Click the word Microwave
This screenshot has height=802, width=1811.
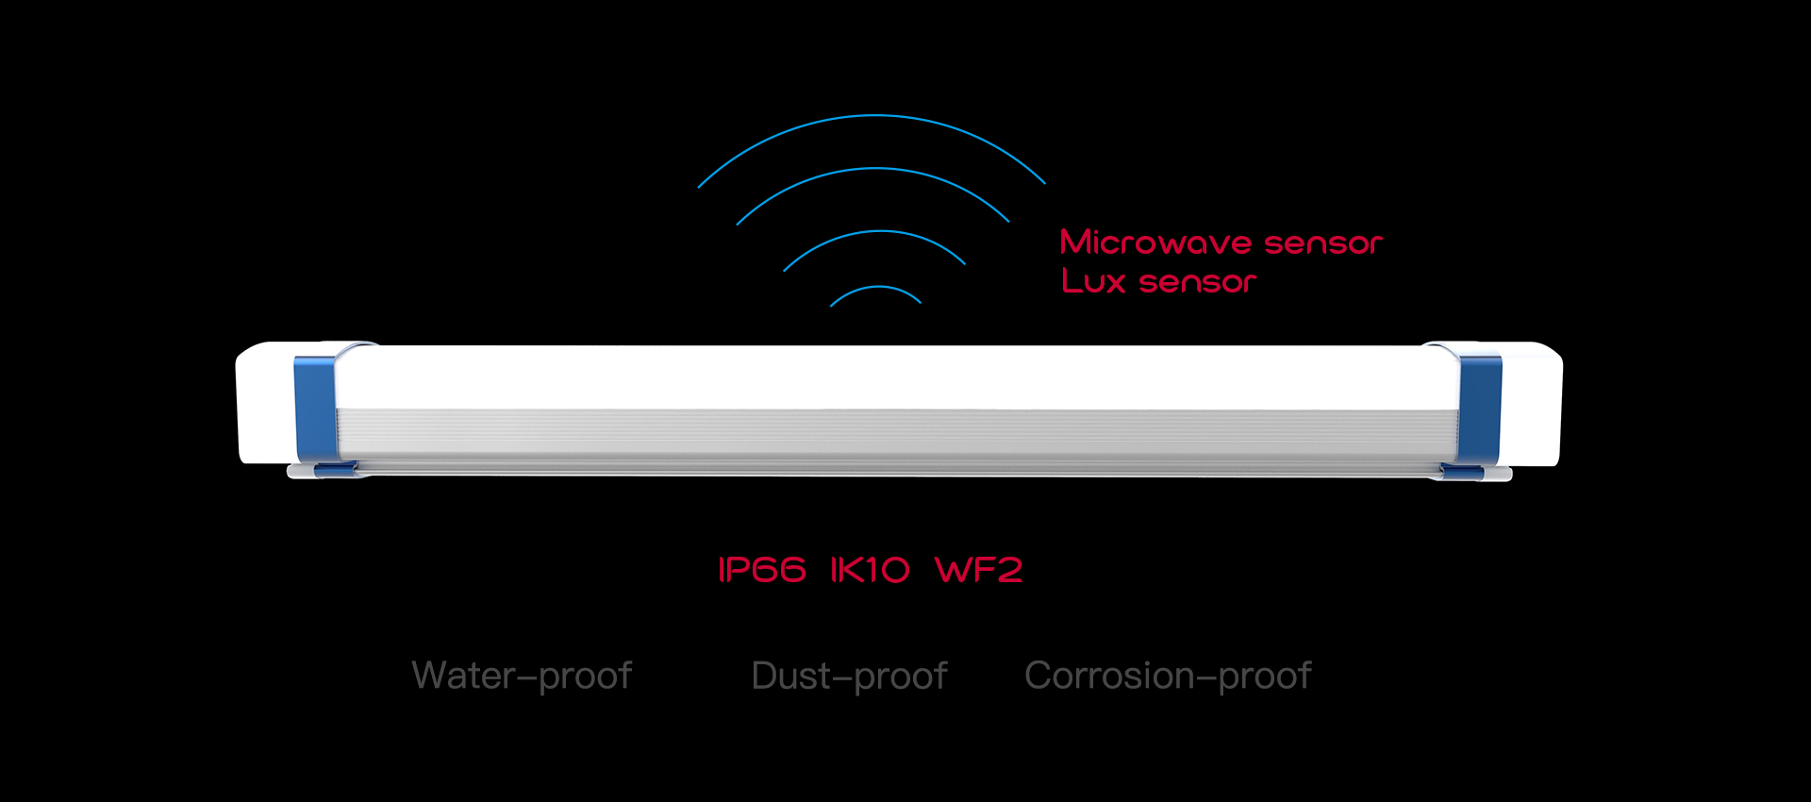pyautogui.click(x=1155, y=242)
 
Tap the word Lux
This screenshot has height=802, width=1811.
pyautogui.click(x=1093, y=281)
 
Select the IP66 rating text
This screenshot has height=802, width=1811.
pyautogui.click(x=762, y=570)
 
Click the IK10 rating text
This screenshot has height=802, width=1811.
pyautogui.click(x=870, y=570)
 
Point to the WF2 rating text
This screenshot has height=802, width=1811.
pyautogui.click(x=978, y=570)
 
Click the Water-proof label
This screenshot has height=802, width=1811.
pyautogui.click(x=522, y=676)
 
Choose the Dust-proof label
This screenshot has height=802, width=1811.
pyautogui.click(x=849, y=676)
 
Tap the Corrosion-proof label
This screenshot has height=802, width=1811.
pyautogui.click(x=1168, y=676)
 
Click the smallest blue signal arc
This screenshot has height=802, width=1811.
pyautogui.click(x=875, y=288)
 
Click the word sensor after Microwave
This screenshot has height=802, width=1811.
pyautogui.click(x=1322, y=243)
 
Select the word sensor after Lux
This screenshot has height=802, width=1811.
pyautogui.click(x=1198, y=282)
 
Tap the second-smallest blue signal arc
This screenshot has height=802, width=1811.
pyautogui.click(x=875, y=232)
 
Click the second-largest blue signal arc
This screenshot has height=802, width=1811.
pyautogui.click(x=873, y=170)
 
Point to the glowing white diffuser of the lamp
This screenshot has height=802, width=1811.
pyautogui.click(x=896, y=377)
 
